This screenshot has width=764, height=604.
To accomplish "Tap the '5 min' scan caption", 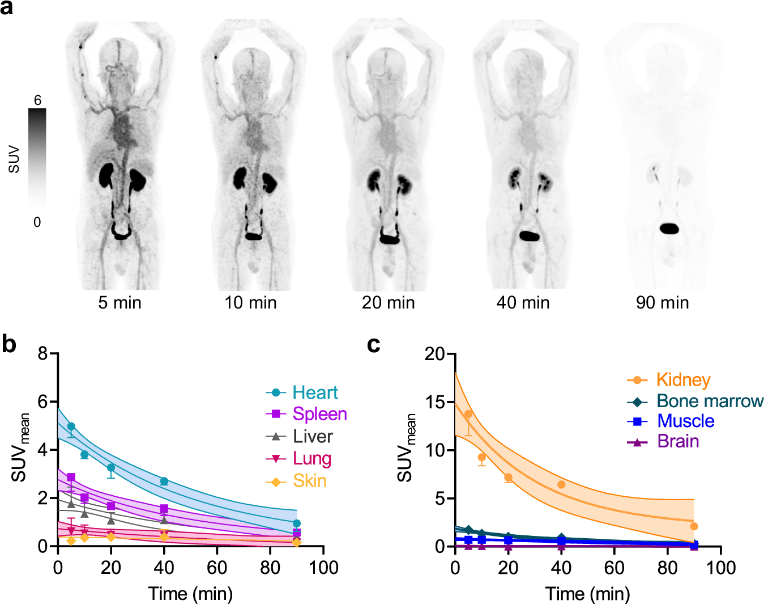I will pyautogui.click(x=119, y=303).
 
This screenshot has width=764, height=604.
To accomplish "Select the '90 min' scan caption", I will pyautogui.click(x=662, y=303).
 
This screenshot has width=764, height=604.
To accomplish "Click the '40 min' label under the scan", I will pyautogui.click(x=523, y=303).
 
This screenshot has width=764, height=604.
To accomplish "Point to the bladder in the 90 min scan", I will pyautogui.click(x=669, y=229).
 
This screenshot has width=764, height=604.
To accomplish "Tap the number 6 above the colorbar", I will pyautogui.click(x=37, y=100).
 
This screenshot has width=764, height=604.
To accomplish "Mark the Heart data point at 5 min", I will pyautogui.click(x=71, y=426).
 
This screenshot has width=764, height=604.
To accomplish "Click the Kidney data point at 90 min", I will pyautogui.click(x=694, y=526).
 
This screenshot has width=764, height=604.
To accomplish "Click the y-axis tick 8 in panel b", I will pyautogui.click(x=43, y=354).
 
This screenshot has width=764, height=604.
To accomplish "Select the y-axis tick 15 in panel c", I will pyautogui.click(x=435, y=402).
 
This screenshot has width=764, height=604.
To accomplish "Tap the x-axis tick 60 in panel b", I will pyautogui.click(x=217, y=567).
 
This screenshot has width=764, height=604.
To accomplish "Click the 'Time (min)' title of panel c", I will pyautogui.click(x=587, y=594).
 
